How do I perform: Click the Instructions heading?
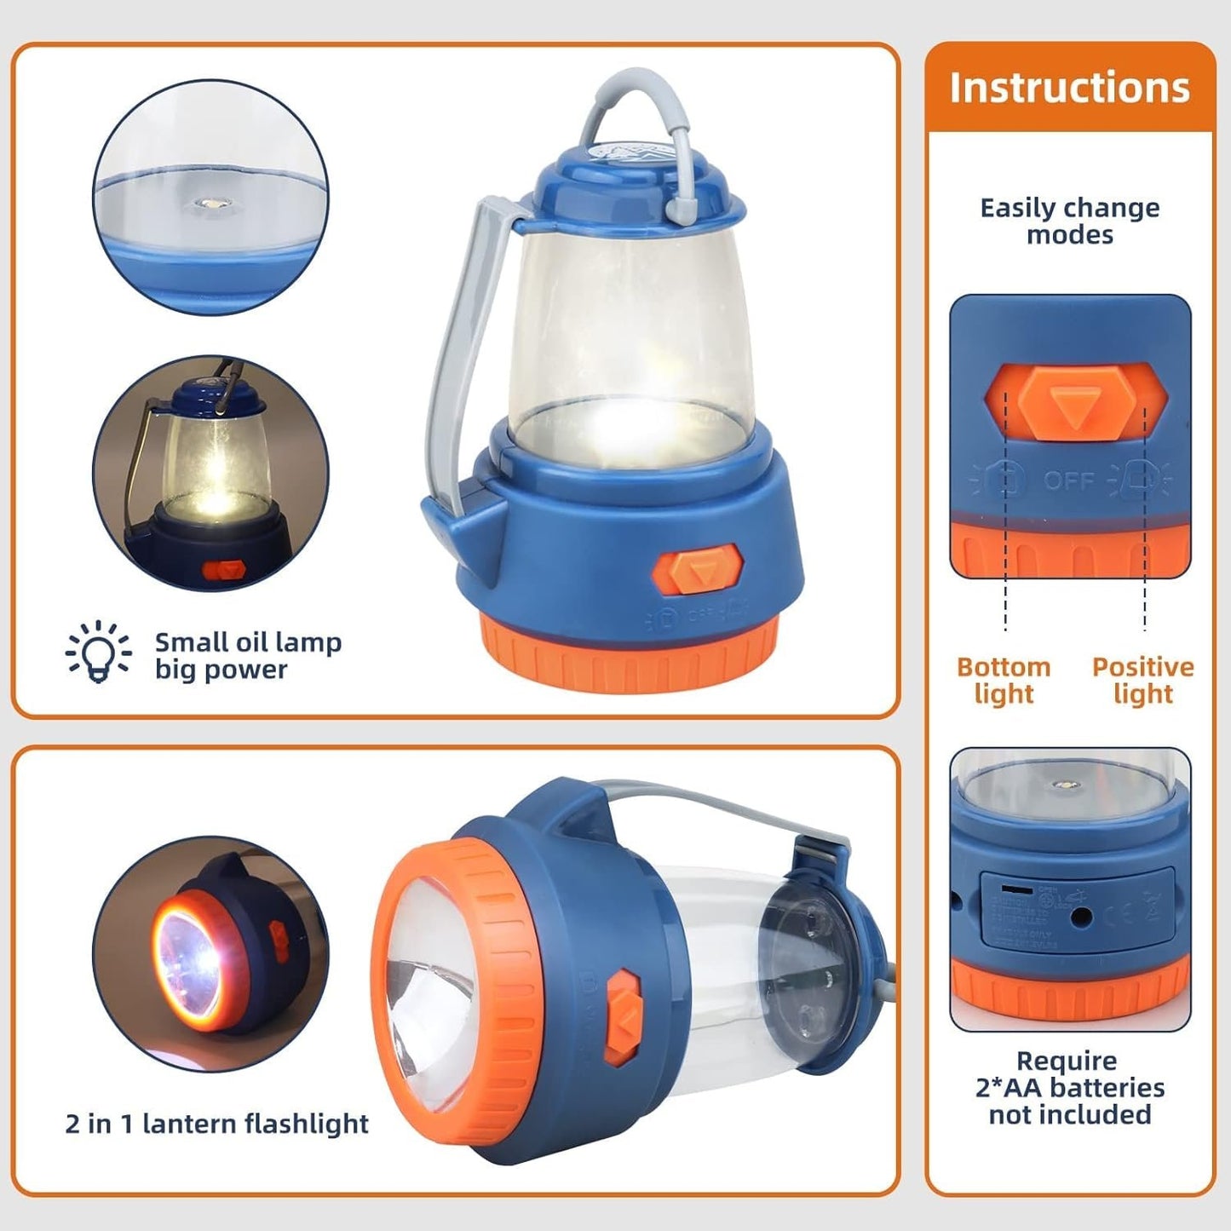(1069, 88)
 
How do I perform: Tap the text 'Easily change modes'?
(1069, 221)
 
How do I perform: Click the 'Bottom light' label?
(1004, 680)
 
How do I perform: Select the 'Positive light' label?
(1142, 680)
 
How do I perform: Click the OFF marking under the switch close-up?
(1069, 480)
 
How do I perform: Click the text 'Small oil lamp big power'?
(247, 655)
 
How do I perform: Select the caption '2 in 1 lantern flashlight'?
(216, 1124)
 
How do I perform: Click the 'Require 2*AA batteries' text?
(1069, 1087)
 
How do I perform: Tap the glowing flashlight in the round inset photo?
(192, 958)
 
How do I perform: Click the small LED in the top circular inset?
(208, 204)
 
